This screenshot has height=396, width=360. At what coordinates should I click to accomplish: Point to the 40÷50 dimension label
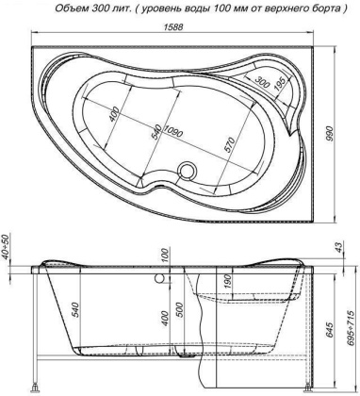(7, 250)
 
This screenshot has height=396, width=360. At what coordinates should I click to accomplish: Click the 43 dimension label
(340, 247)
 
